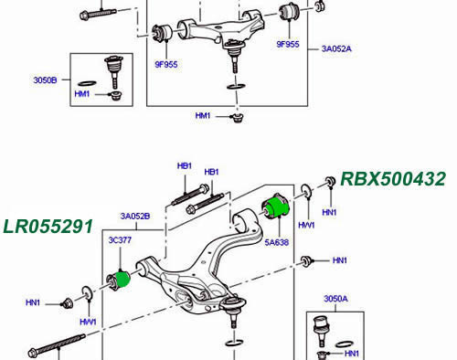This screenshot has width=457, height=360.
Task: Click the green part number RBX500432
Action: (x=393, y=179)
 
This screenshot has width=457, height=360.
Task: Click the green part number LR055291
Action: (x=48, y=227)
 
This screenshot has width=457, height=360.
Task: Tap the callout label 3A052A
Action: (x=336, y=48)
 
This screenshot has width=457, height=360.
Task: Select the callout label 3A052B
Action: (x=135, y=217)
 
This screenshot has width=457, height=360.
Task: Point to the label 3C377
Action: (x=120, y=240)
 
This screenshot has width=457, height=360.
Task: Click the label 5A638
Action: (x=277, y=242)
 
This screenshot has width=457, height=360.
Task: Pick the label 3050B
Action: (x=45, y=80)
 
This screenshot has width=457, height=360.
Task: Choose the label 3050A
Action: (x=335, y=299)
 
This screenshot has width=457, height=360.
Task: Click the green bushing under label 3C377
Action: (x=123, y=280)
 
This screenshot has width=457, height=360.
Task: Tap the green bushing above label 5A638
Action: (x=278, y=207)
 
